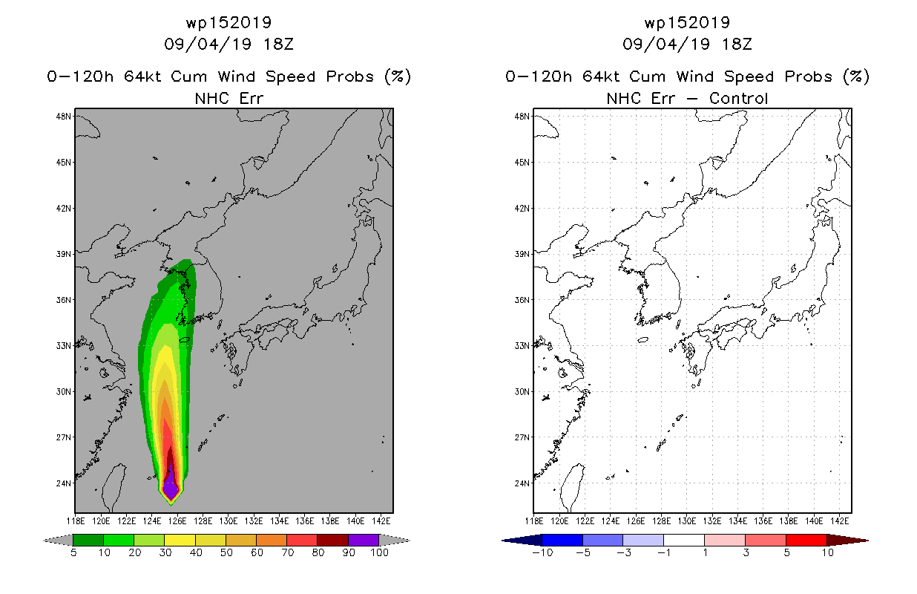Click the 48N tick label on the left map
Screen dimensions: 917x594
coord(64,117)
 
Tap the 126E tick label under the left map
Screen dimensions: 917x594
coord(177,521)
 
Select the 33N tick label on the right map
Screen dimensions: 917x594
coord(522,346)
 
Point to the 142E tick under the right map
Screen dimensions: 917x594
coord(840,521)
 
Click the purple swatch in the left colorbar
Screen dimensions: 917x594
coord(364,540)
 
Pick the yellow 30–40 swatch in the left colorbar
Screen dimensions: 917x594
coord(180,540)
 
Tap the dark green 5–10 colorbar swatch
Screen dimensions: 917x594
coord(88,540)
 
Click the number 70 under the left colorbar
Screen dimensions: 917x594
coord(287,552)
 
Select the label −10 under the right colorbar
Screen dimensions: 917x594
coord(542,552)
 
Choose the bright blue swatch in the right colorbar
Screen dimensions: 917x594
coord(562,540)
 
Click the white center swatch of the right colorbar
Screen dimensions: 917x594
coord(684,540)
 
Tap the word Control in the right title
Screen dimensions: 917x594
coord(738,98)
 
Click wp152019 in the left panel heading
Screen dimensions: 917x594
coord(229,22)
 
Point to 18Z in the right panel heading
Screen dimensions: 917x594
coord(737,44)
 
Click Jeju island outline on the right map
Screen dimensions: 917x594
coord(643,339)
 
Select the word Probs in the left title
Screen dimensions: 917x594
coord(350,76)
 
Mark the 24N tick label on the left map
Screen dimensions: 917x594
coord(64,483)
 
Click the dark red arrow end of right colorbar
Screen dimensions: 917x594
coord(847,540)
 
